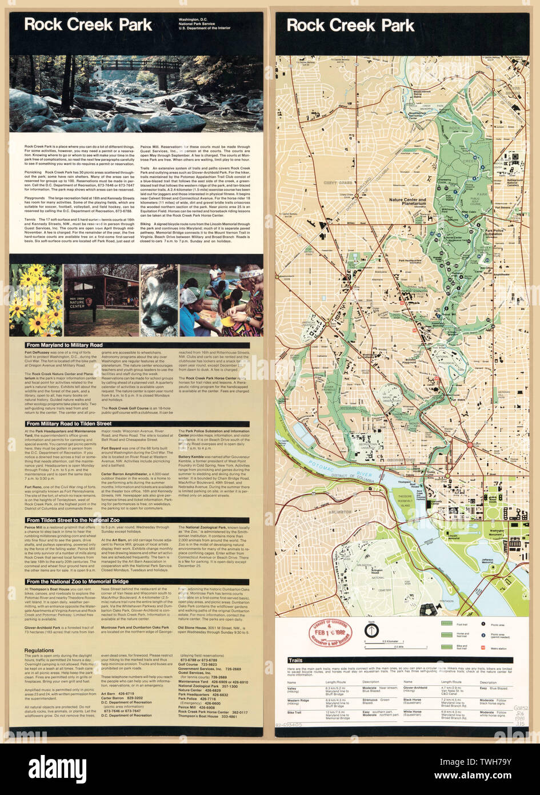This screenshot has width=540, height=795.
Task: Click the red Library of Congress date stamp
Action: click(x=330, y=633)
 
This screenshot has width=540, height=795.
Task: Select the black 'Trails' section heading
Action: click(x=295, y=660)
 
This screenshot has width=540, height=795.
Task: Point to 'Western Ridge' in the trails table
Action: click(x=298, y=699)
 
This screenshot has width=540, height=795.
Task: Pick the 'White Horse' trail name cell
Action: click(x=413, y=712)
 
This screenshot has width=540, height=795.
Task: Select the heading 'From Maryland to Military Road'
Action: click(x=64, y=345)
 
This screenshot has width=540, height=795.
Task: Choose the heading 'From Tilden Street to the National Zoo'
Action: click(x=73, y=520)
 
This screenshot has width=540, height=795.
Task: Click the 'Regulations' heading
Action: click(x=39, y=650)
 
